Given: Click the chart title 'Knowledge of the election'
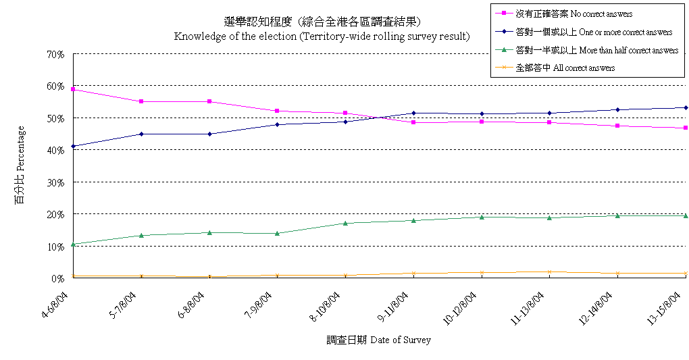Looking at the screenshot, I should click(322, 36).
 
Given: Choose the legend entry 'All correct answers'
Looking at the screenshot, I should click(565, 68).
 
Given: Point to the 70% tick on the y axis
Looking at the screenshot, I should click(56, 54).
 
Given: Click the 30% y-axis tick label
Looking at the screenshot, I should click(56, 182).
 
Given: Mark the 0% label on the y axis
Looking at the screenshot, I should click(58, 278).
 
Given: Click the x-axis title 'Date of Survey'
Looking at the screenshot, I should click(378, 340).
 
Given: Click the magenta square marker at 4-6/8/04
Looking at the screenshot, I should click(73, 89).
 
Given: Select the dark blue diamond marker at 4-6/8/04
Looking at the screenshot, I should click(73, 146).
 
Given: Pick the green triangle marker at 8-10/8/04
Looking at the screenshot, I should click(345, 223).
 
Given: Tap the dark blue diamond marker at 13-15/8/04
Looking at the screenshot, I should click(686, 107).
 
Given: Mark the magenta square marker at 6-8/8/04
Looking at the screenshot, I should click(209, 101).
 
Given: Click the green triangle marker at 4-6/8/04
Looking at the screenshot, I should click(73, 244).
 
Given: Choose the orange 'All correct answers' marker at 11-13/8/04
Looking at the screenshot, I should click(549, 272).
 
